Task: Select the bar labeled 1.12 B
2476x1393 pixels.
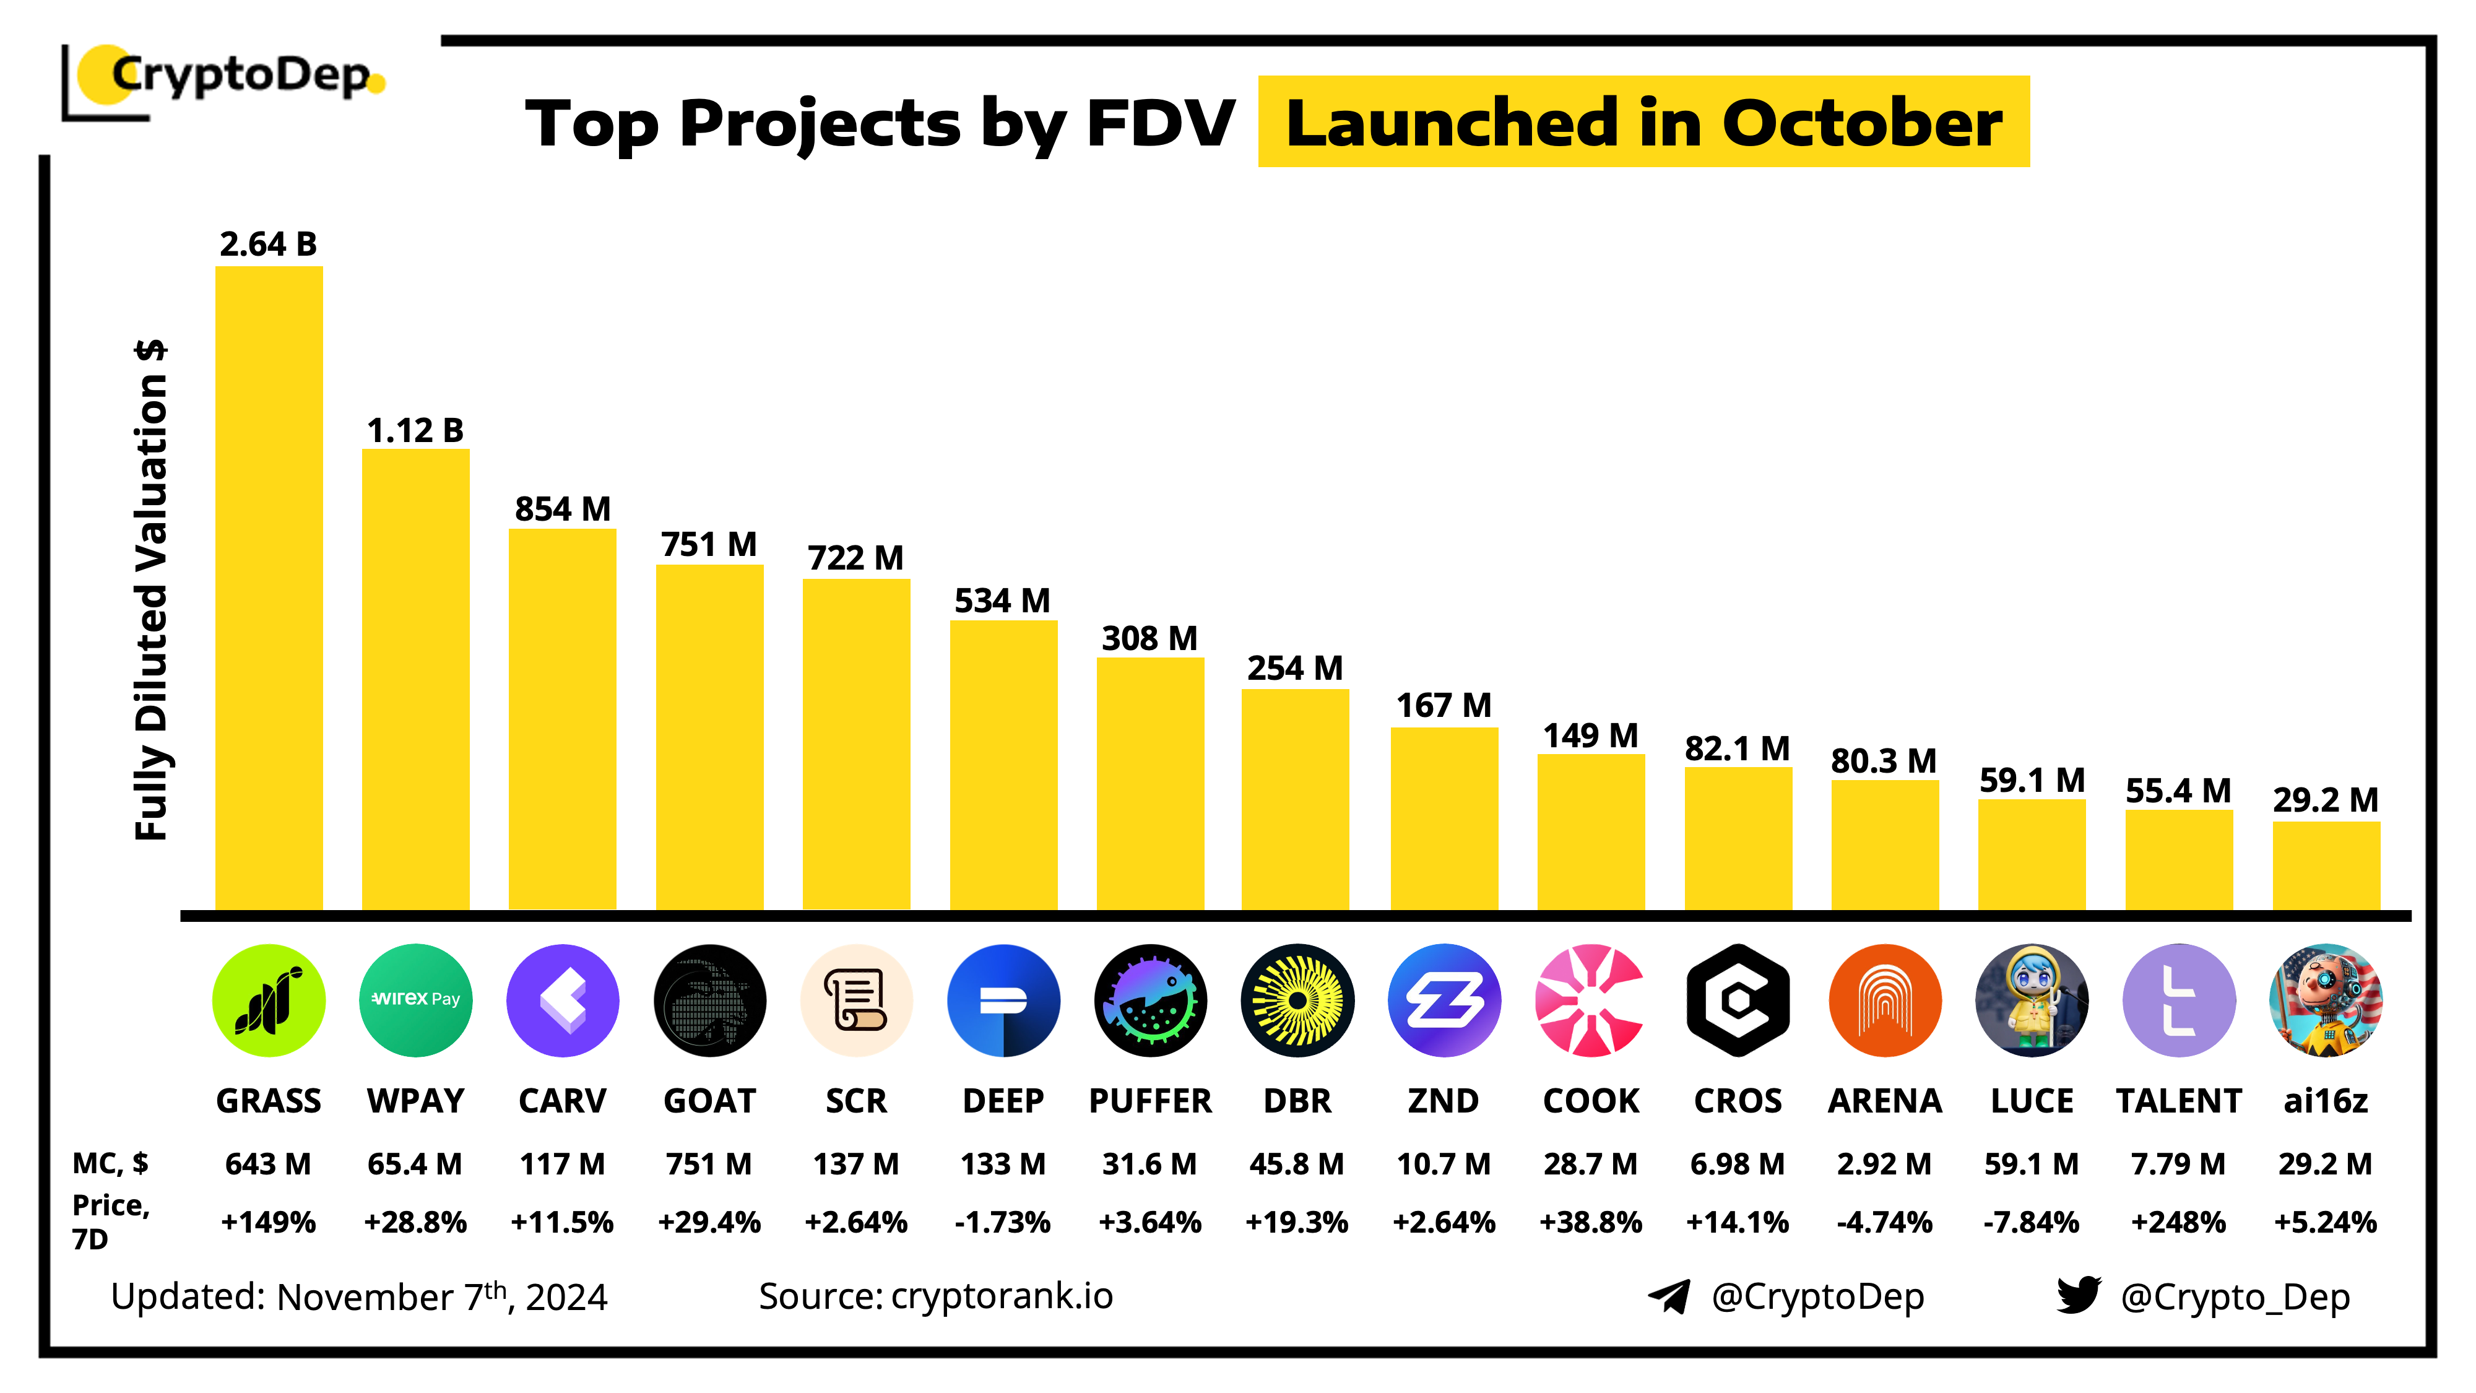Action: [415, 678]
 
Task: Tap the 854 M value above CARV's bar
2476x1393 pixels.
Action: [562, 508]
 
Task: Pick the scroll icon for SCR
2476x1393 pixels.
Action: [857, 1000]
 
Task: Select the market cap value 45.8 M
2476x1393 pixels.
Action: [1297, 1164]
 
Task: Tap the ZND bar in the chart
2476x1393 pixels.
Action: [1444, 817]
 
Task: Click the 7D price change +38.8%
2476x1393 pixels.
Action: [1591, 1222]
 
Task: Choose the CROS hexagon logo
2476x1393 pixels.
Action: [1738, 1000]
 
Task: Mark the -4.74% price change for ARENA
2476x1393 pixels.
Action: [1884, 1222]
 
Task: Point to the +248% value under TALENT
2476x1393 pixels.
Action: [2178, 1222]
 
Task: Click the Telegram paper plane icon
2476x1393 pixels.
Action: [1669, 1296]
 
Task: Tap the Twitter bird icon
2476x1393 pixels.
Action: [2078, 1295]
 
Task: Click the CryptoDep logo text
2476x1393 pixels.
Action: [240, 75]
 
